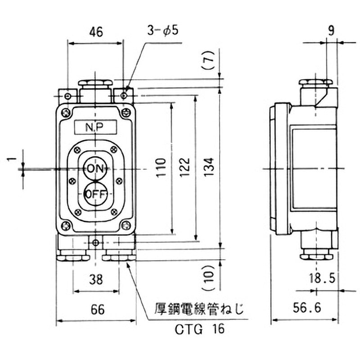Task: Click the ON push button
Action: pyautogui.click(x=95, y=169)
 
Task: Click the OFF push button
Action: pyautogui.click(x=95, y=194)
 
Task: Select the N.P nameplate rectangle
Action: pyautogui.click(x=95, y=127)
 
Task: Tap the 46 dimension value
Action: pyautogui.click(x=96, y=32)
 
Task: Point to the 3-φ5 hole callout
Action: pyautogui.click(x=163, y=30)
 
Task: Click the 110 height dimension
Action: pyautogui.click(x=161, y=167)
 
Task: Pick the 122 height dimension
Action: pyautogui.click(x=185, y=167)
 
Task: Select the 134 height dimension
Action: pyautogui.click(x=209, y=167)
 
